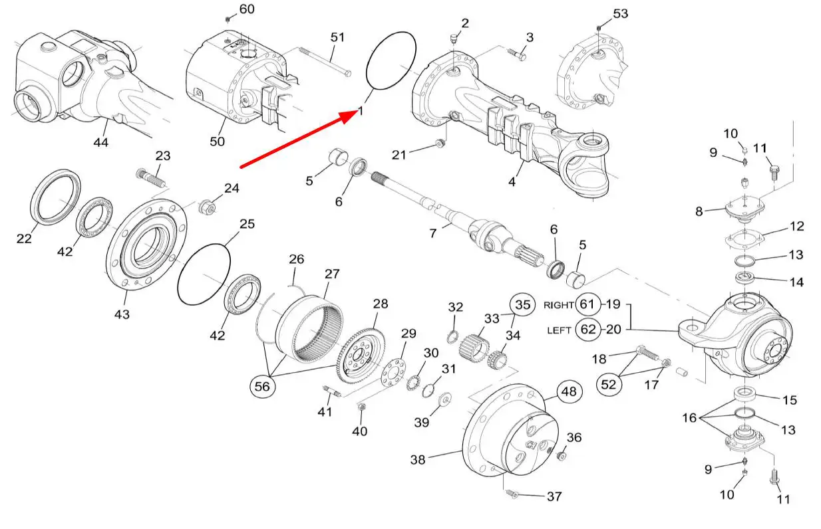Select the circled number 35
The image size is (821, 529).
523,305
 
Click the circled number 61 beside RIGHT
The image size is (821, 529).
587,304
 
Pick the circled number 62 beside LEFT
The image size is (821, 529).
587,329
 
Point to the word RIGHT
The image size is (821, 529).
558,306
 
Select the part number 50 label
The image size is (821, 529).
217,142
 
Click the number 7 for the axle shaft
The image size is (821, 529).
433,234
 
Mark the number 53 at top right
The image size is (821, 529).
620,13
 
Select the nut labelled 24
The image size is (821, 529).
206,207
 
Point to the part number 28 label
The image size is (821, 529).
380,304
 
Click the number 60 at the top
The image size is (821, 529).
246,9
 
